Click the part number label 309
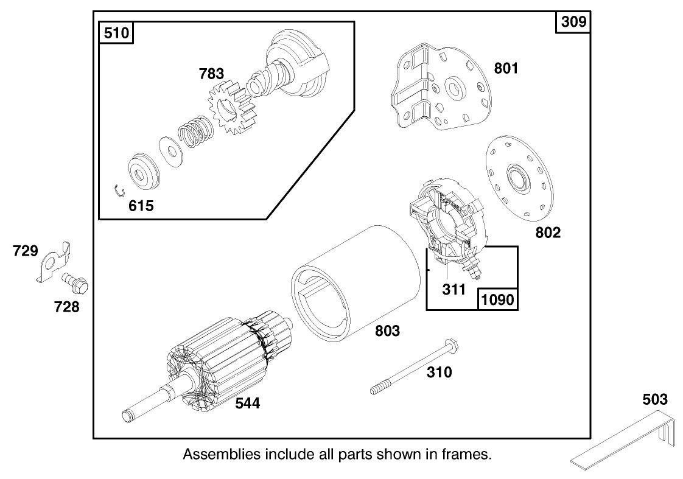[x=573, y=22]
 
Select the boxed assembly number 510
[x=117, y=32]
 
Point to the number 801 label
[x=506, y=68]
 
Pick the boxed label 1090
[x=497, y=299]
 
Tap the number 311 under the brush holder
[x=454, y=290]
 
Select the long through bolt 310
[x=414, y=365]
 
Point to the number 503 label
[x=654, y=400]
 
